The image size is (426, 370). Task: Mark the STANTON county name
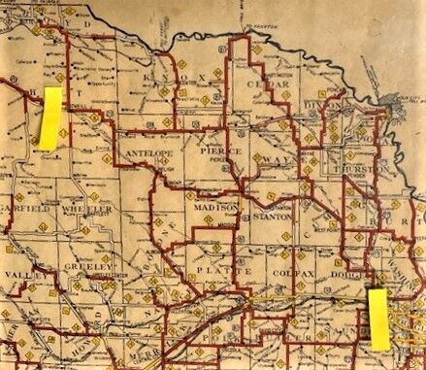[x=272, y=216]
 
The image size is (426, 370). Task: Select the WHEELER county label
[x=90, y=208]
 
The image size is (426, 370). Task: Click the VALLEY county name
[x=19, y=276]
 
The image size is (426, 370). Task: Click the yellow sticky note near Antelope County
[x=49, y=118]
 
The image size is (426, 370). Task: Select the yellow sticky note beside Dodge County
[x=378, y=317]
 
